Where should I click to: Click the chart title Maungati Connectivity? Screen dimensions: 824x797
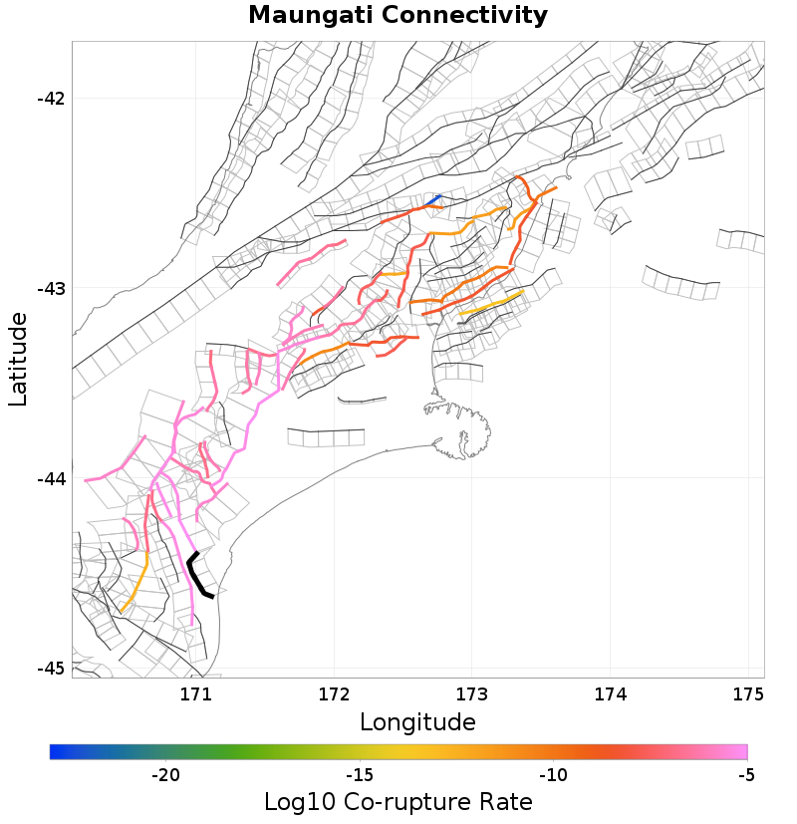coord(398,16)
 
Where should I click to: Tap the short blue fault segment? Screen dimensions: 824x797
coord(433,201)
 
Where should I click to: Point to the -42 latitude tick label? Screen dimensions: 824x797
coord(50,99)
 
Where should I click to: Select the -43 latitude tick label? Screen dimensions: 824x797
coord(50,289)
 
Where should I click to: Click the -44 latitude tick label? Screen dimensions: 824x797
coord(50,479)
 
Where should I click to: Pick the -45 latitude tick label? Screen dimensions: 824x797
coord(50,669)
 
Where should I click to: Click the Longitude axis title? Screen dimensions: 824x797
coord(417,721)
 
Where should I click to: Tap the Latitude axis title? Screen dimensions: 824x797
coord(18,358)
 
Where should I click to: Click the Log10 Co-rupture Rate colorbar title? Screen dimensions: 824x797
coord(398,802)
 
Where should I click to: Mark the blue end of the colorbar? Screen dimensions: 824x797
coord(55,752)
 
